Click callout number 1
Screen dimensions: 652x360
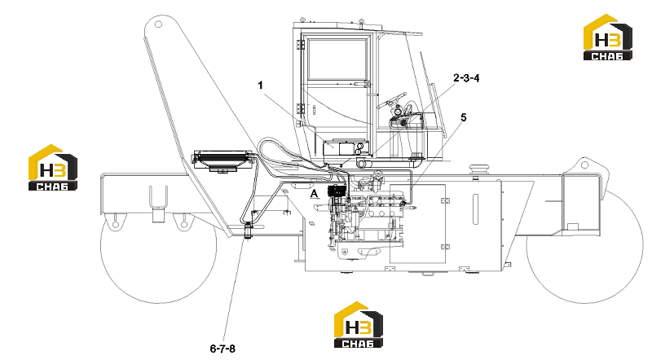tap(260, 86)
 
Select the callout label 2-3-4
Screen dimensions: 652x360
tap(466, 77)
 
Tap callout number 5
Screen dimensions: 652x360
tap(464, 117)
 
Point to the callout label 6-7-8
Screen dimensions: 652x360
tap(222, 349)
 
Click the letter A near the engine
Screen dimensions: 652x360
tap(315, 194)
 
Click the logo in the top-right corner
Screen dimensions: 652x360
tap(607, 37)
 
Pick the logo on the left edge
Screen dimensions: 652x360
tap(53, 168)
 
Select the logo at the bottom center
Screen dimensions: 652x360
tap(359, 325)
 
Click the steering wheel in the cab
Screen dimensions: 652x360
tap(391, 100)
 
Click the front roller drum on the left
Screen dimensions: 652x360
tap(158, 245)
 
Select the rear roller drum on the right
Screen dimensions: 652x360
tap(584, 245)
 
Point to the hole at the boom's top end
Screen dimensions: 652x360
tap(158, 24)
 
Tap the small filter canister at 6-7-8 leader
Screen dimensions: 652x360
tap(249, 231)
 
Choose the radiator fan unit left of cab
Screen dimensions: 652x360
tap(222, 161)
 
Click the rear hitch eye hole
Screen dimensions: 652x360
tap(584, 165)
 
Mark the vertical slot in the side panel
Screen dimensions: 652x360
tap(475, 209)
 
